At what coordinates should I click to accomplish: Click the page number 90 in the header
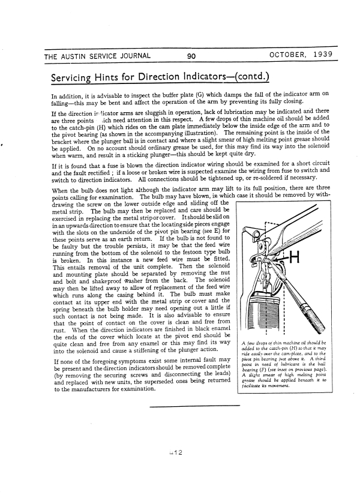click(191, 56)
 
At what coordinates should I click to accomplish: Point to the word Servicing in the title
click(77, 78)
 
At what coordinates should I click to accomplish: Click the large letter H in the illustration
click(295, 259)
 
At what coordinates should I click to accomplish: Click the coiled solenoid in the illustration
click(263, 312)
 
